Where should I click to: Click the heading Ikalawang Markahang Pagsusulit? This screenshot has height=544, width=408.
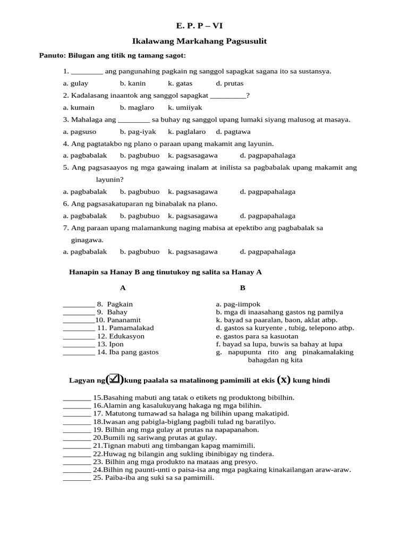199,41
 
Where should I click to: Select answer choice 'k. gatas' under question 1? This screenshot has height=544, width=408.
180,83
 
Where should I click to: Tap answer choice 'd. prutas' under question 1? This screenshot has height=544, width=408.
229,83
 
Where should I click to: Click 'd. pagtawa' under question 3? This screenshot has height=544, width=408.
233,132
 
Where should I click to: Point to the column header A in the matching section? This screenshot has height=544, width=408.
123,288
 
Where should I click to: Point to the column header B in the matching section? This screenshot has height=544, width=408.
243,288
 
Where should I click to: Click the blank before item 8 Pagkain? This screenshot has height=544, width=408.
79,305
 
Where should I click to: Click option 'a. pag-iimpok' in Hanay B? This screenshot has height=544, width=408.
238,304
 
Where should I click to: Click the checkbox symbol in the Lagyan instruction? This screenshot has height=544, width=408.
115,379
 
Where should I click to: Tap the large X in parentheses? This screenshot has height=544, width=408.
285,379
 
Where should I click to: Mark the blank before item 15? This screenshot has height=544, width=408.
77,398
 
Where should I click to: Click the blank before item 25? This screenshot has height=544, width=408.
77,478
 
